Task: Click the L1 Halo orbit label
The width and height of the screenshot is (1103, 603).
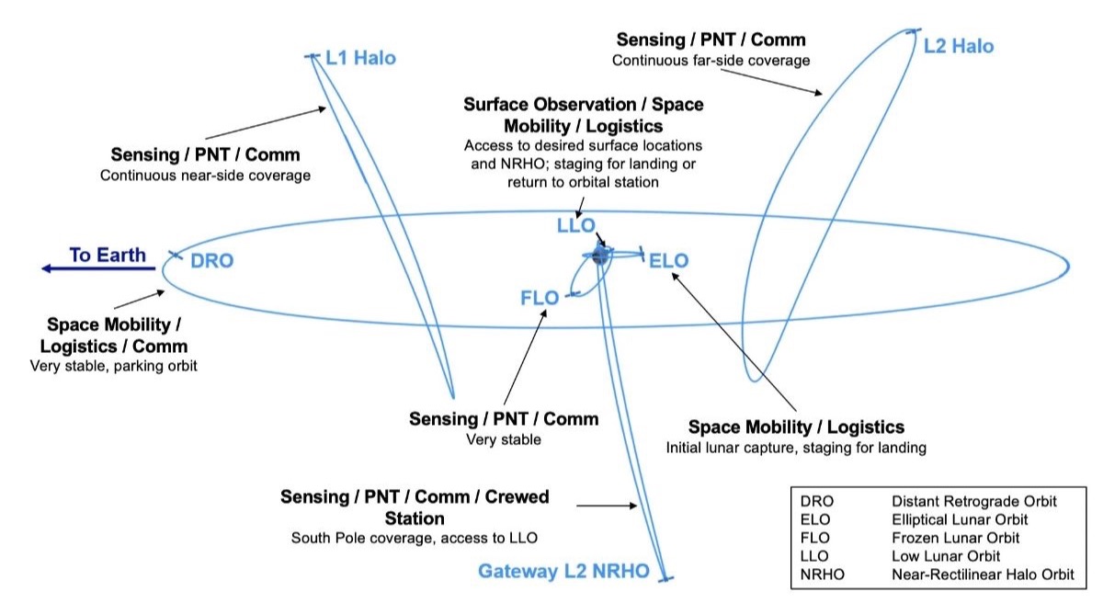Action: [x=360, y=58]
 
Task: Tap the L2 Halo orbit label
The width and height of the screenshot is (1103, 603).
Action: [x=959, y=46]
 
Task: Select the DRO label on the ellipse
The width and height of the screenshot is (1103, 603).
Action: [x=211, y=261]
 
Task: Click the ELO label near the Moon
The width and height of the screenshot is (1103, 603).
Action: [x=668, y=261]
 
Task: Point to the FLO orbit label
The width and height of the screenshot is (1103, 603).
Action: [x=540, y=297]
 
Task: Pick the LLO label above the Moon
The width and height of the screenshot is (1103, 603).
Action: [x=576, y=226]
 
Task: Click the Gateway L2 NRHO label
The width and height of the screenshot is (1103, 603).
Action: [x=563, y=571]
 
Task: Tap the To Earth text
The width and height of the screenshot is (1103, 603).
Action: [x=108, y=254]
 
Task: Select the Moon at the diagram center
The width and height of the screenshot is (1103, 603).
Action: [x=600, y=256]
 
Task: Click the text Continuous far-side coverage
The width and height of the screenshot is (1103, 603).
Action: [x=711, y=61]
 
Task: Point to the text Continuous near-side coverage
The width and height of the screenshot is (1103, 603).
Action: [x=205, y=175]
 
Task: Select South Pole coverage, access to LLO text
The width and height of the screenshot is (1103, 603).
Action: [x=414, y=538]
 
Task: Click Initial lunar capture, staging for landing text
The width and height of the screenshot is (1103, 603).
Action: [x=796, y=448]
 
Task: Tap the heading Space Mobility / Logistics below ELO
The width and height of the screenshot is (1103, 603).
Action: [x=796, y=427]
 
